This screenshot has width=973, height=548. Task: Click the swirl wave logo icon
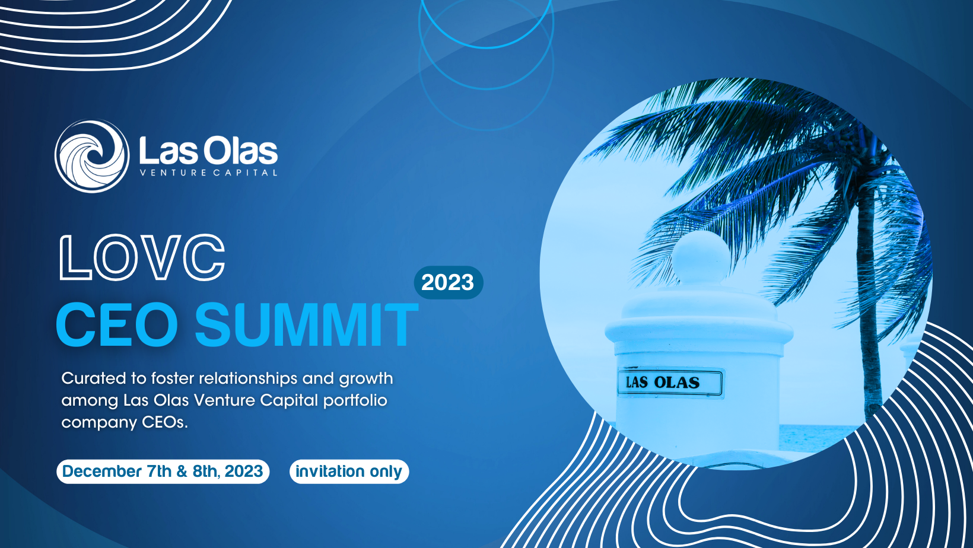point(92,156)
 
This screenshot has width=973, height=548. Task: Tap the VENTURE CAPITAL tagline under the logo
point(208,173)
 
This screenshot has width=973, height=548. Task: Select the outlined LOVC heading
point(142,257)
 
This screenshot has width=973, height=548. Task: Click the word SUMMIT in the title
point(306,324)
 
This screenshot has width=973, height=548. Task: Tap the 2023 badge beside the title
point(449,283)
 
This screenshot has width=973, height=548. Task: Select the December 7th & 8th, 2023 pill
point(163,471)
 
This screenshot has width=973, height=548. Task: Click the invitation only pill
point(349,471)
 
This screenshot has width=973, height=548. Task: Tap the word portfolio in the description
point(355,400)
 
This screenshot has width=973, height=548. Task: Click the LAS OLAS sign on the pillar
point(670,382)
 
